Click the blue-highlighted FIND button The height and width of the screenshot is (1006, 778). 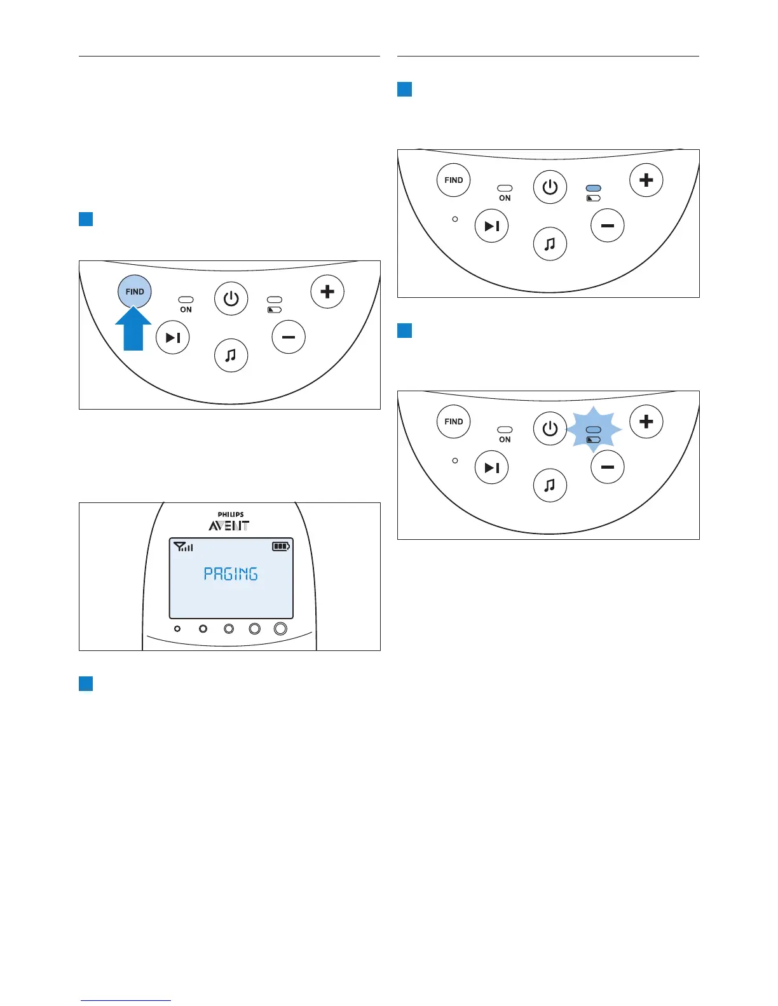pos(135,292)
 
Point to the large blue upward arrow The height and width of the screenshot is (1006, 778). pos(133,330)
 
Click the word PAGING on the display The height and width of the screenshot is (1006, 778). pos(231,574)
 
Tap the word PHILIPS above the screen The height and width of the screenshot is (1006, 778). pos(231,514)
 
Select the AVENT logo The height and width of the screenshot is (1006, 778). pos(229,526)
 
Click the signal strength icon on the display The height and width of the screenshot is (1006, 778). pos(184,546)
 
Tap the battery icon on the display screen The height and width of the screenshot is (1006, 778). pos(280,546)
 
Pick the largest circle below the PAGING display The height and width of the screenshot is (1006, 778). pos(280,629)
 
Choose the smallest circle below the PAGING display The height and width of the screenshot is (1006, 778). pos(177,629)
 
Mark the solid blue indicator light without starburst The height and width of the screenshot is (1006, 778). pos(593,189)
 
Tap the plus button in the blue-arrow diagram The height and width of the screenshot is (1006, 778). pos(327,292)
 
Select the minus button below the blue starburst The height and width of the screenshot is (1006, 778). pos(608,467)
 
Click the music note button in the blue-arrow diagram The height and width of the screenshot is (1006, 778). pos(231,355)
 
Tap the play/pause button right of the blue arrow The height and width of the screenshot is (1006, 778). pos(173,337)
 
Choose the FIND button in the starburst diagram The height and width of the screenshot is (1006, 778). pos(454,422)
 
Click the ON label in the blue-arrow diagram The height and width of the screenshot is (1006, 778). pos(186,310)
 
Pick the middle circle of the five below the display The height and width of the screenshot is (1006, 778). pos(229,629)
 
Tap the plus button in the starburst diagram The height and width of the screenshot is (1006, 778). pos(646,422)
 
